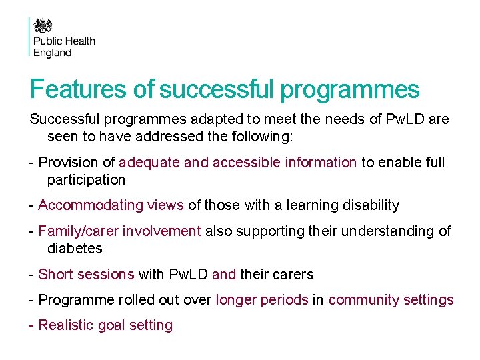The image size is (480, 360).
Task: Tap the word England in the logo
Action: (x=52, y=53)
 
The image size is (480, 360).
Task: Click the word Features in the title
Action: (x=72, y=89)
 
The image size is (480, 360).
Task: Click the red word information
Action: (x=321, y=162)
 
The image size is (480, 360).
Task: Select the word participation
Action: (x=86, y=179)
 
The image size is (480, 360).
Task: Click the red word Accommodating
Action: (x=87, y=205)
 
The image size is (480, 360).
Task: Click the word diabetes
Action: (x=75, y=249)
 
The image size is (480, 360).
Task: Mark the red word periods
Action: (x=285, y=300)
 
